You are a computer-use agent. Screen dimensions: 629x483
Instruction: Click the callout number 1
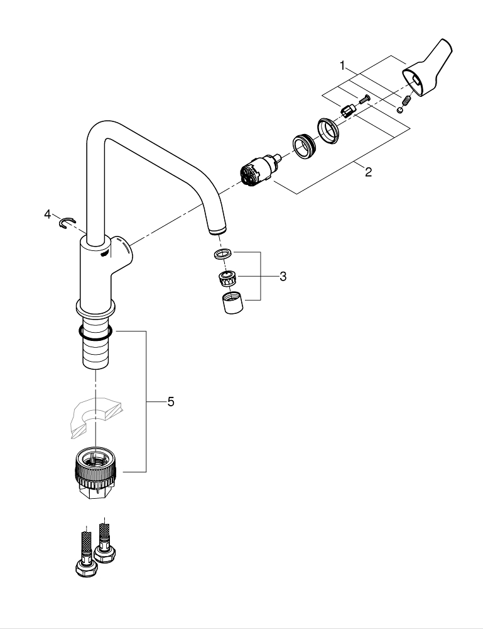coord(343,65)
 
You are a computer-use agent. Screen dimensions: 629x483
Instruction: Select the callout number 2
coord(368,172)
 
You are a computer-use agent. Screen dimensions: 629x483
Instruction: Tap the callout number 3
coord(283,276)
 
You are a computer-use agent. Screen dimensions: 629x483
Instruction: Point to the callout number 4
coord(48,214)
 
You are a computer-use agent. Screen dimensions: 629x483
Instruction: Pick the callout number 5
coord(170,401)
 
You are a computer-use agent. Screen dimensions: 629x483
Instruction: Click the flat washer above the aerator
coord(222,254)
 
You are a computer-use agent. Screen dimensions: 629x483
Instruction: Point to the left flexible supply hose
coord(84,547)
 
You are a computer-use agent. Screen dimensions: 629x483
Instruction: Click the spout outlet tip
coord(216,229)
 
